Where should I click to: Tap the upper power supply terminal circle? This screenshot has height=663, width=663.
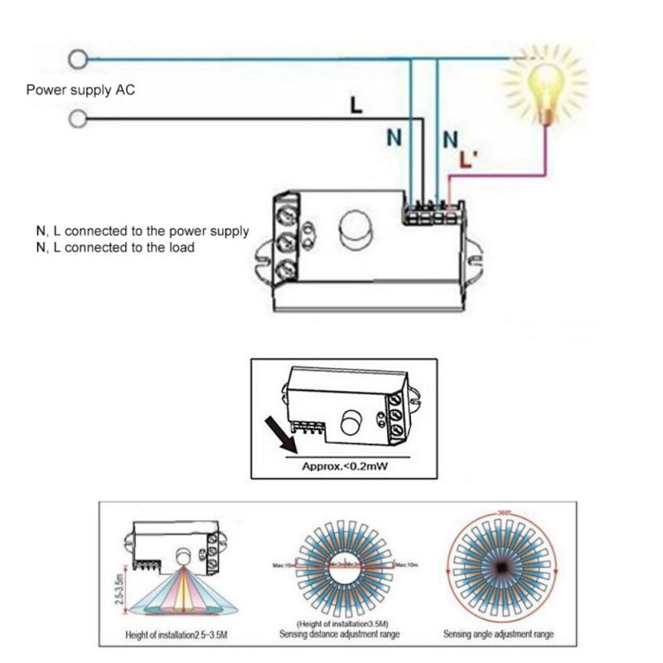point(79,59)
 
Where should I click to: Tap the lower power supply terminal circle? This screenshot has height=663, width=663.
point(79,119)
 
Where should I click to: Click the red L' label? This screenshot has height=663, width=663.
point(467,162)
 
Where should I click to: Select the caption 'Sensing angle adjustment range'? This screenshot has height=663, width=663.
point(500,636)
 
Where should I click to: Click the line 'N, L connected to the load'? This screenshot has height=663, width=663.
point(115,248)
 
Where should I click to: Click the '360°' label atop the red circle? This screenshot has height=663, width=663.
point(500,512)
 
